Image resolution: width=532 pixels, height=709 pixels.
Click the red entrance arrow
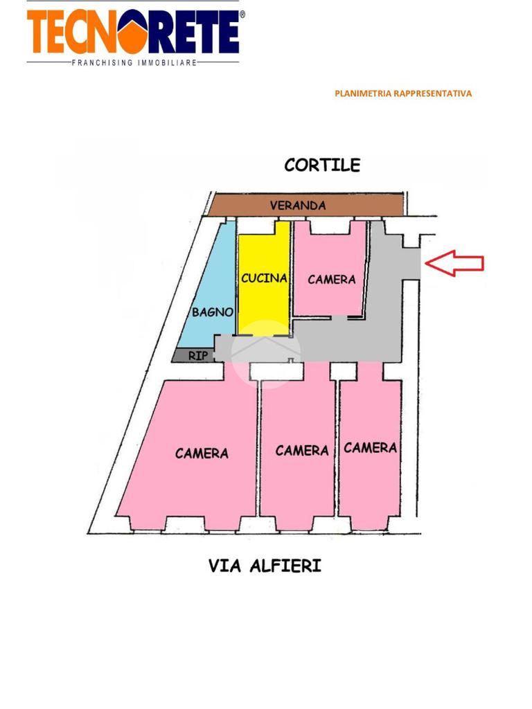click(454, 263)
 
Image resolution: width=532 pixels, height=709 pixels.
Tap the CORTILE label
click(322, 165)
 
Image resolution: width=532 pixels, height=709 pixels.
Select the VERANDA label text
click(298, 206)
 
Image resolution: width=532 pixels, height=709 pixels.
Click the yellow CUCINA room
click(264, 305)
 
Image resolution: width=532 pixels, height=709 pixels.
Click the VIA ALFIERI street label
click(265, 566)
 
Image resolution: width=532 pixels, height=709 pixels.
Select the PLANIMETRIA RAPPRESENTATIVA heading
click(402, 93)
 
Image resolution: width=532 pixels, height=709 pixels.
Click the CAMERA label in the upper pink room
click(332, 279)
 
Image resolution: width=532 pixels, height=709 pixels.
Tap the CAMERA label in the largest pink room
click(202, 454)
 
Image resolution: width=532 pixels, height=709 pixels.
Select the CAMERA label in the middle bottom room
click(302, 451)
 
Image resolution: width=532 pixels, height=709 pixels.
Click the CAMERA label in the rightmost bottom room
click(371, 448)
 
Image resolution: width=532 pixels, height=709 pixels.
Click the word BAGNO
click(213, 312)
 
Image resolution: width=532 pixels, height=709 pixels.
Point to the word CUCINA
click(264, 278)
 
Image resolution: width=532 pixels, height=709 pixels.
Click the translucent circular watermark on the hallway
click(265, 354)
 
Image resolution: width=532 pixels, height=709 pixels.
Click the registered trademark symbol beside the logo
click(242, 13)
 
